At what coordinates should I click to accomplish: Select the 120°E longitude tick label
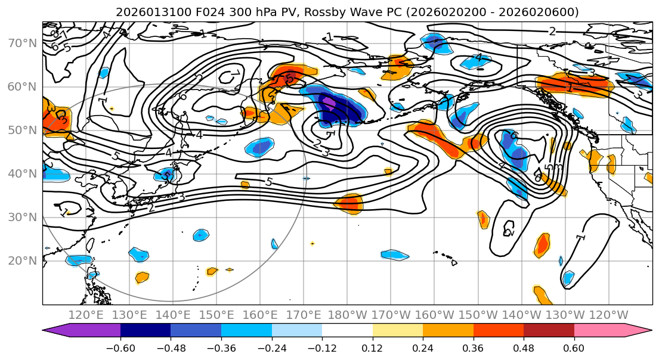(x=86, y=315)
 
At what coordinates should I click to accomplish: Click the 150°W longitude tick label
(x=478, y=315)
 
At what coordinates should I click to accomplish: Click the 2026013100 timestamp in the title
(x=145, y=12)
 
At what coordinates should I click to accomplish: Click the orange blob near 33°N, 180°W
(x=348, y=203)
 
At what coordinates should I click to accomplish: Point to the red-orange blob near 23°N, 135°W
(x=542, y=244)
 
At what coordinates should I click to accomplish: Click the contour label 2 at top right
(x=552, y=32)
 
